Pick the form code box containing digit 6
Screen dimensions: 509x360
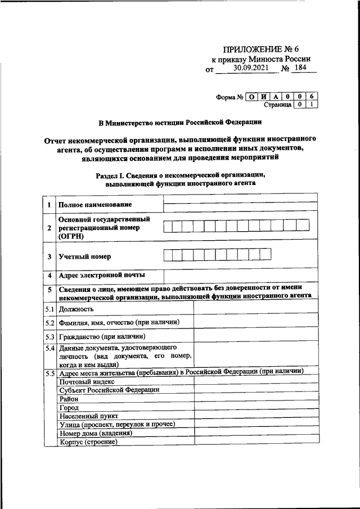pyautogui.click(x=313, y=96)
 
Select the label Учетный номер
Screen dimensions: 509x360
pyautogui.click(x=85, y=256)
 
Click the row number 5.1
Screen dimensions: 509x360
pyautogui.click(x=49, y=309)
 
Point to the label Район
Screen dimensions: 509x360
pyautogui.click(x=70, y=398)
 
